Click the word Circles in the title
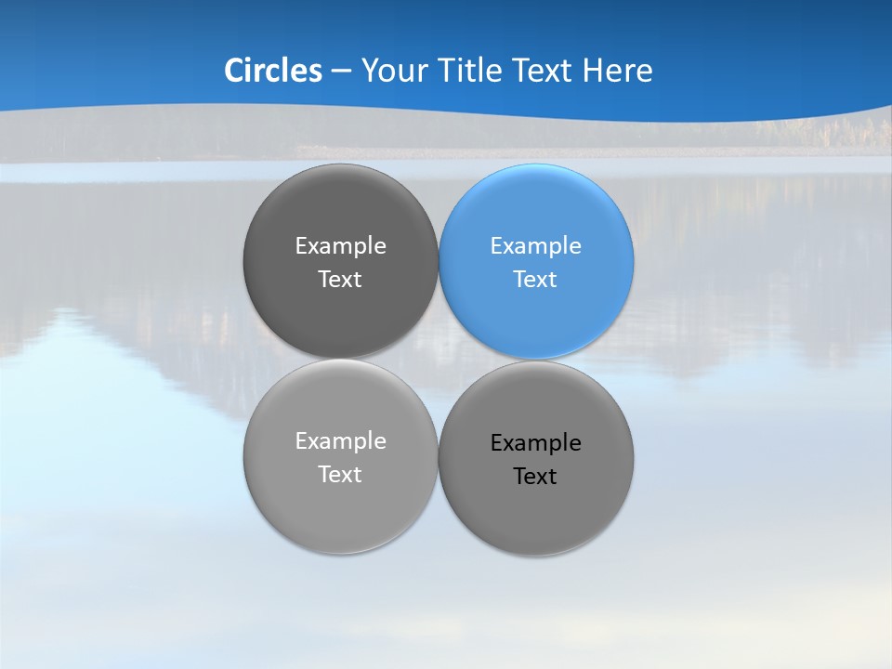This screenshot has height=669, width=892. tap(272, 71)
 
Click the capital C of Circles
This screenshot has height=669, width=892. tap(235, 71)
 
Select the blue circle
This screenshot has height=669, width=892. tap(536, 261)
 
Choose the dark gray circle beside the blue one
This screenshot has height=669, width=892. tap(340, 261)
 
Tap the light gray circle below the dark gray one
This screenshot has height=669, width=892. tap(340, 456)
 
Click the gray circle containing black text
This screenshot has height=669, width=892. tap(536, 458)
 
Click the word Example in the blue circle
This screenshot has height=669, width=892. tap(535, 246)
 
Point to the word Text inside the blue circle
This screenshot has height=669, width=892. tap(535, 280)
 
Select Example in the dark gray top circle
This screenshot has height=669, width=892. tap(340, 246)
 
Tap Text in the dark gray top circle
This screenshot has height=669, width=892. tap(340, 280)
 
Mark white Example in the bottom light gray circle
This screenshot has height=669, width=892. tap(340, 441)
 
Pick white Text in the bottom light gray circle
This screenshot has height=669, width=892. tap(340, 475)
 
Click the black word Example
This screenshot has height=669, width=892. tap(535, 443)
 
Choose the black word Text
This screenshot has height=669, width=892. tap(535, 477)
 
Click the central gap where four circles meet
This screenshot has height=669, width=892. tap(438, 360)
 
